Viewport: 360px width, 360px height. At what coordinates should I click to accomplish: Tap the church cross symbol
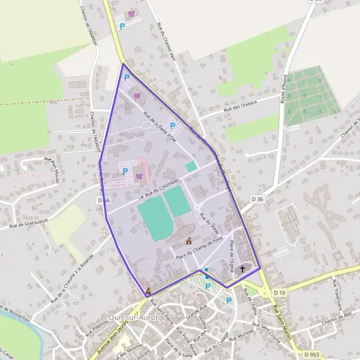[243, 269]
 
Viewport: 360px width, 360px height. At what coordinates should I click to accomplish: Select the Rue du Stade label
[209, 223]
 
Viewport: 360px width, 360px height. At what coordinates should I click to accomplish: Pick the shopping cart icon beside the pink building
[140, 176]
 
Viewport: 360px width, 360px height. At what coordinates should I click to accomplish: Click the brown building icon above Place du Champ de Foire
[189, 241]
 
